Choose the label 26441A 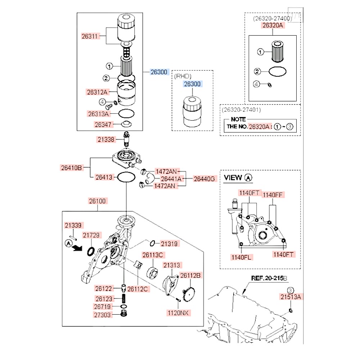point(171,178)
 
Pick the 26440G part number point(204,178)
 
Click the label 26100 point(97,201)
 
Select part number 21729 point(91,235)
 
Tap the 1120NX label point(178,313)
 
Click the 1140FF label point(273,195)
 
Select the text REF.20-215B point(269,278)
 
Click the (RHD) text point(183,76)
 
